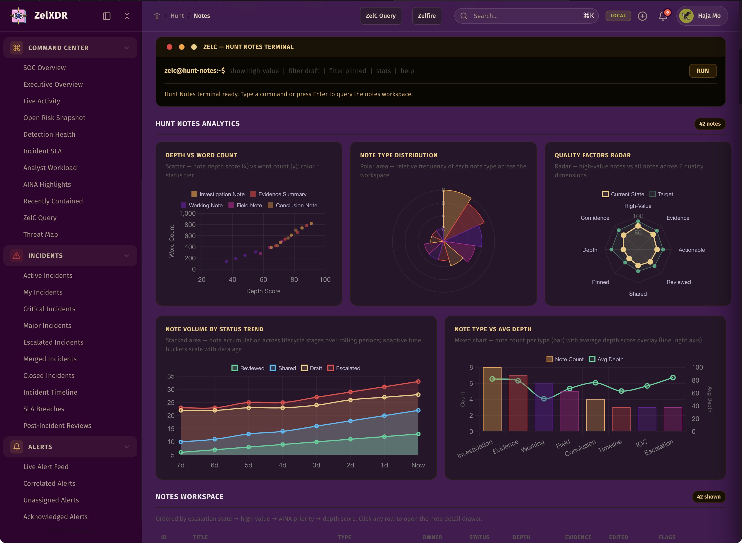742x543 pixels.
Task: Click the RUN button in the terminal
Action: tap(703, 71)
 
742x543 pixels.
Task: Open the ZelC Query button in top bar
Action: tap(380, 16)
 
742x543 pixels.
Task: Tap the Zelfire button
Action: tap(427, 16)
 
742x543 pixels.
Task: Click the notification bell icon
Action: tap(663, 16)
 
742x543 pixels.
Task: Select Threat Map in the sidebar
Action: tap(40, 234)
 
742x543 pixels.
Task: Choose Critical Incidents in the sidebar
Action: tap(49, 309)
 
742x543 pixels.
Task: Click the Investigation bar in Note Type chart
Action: tap(492, 399)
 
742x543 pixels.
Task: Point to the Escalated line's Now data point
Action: tap(418, 382)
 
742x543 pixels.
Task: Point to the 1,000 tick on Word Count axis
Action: tap(187, 214)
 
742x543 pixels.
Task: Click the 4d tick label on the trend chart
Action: tap(282, 465)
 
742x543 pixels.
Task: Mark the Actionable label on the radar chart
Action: tap(691, 250)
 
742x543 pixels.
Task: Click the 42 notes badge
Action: tap(709, 124)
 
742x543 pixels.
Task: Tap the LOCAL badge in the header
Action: tap(618, 16)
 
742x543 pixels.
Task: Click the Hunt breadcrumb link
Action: tap(177, 16)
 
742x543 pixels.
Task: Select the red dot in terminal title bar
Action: tap(170, 47)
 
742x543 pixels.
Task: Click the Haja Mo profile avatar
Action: tap(686, 16)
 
